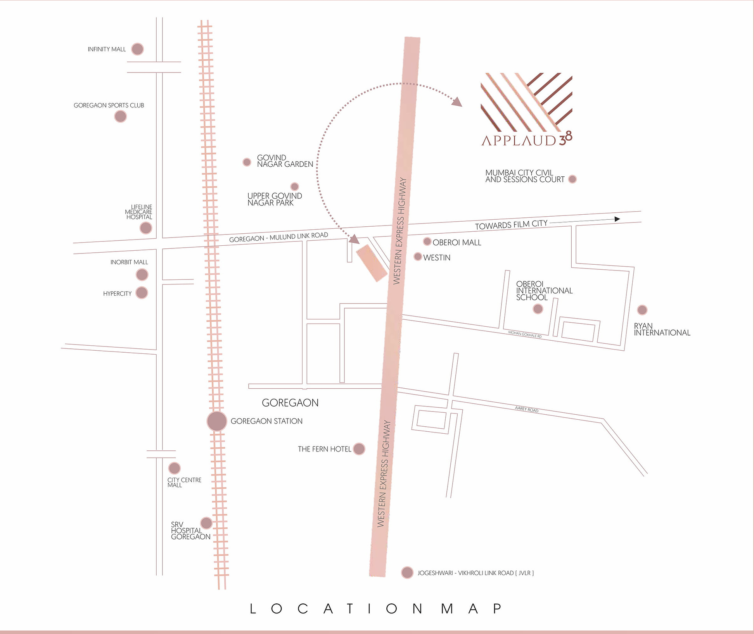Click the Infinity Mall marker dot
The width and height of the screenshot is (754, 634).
coord(137,49)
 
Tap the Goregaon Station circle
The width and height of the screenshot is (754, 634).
coord(217,421)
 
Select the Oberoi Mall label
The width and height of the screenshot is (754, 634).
coord(457,243)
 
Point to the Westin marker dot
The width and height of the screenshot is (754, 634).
coord(418,257)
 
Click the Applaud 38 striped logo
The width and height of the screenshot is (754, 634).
coord(526,102)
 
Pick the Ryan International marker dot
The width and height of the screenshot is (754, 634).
coord(642,310)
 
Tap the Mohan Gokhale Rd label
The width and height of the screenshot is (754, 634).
coord(525,334)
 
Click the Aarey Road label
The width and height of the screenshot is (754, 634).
coord(526,409)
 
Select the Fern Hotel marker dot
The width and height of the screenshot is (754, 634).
coord(359,449)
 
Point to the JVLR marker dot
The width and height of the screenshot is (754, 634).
coord(407,572)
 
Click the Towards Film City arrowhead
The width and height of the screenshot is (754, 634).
coord(617,219)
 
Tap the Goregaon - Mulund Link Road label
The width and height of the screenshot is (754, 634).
coord(278,237)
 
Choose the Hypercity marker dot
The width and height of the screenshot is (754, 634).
coord(142,293)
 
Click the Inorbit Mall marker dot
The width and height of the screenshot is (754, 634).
coord(142,274)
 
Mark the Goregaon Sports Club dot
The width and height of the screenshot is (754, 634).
coord(121,116)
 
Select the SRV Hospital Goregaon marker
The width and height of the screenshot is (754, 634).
coord(206,523)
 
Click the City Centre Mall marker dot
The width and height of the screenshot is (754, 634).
coord(175,468)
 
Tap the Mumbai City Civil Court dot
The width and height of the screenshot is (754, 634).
coord(572,179)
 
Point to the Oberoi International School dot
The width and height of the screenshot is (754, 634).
coord(538,309)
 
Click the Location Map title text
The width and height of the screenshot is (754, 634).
coord(376,609)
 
